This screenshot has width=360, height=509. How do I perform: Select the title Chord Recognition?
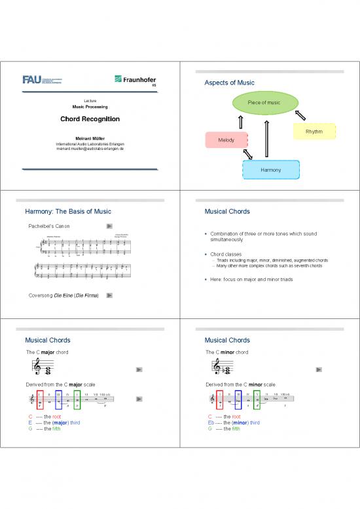click(90, 119)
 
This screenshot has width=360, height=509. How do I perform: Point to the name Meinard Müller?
click(90, 138)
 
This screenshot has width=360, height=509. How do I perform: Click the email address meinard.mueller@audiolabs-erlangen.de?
click(90, 150)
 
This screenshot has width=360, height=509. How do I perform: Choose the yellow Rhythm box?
click(314, 132)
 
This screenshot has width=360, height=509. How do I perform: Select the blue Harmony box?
click(271, 170)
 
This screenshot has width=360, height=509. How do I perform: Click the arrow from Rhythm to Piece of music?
click(300, 115)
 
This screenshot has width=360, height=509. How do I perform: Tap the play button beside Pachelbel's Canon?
click(109, 226)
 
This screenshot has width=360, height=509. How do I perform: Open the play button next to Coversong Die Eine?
click(109, 295)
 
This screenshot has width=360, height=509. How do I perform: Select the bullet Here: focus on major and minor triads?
click(251, 280)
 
